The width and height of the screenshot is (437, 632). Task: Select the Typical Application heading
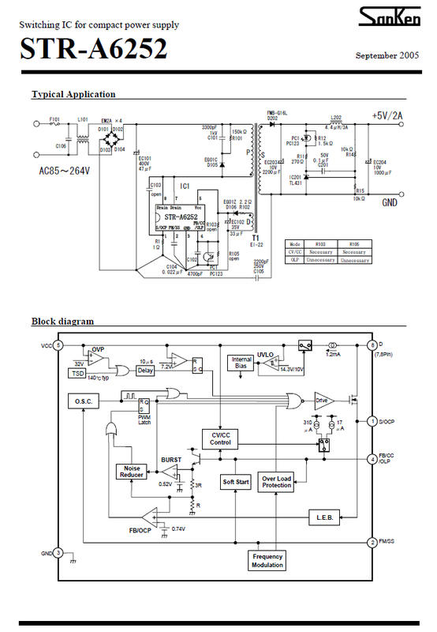[x=73, y=94]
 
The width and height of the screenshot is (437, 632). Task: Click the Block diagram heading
[x=62, y=322]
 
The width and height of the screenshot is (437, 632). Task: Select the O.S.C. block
[x=84, y=401]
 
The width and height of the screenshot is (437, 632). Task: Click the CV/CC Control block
[x=220, y=438]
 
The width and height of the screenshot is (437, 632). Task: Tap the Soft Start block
[x=236, y=480]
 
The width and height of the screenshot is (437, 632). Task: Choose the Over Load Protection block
[x=277, y=481]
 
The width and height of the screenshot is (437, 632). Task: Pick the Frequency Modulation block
[x=268, y=561]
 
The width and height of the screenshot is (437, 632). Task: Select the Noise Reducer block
[x=131, y=472]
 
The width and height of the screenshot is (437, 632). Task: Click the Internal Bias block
[x=241, y=363]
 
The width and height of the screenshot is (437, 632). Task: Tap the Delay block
[x=144, y=369]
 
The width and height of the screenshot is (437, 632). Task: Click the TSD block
[x=77, y=373]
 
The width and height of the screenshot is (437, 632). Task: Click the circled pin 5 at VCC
[x=58, y=346]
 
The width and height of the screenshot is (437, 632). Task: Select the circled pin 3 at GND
[x=58, y=553]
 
